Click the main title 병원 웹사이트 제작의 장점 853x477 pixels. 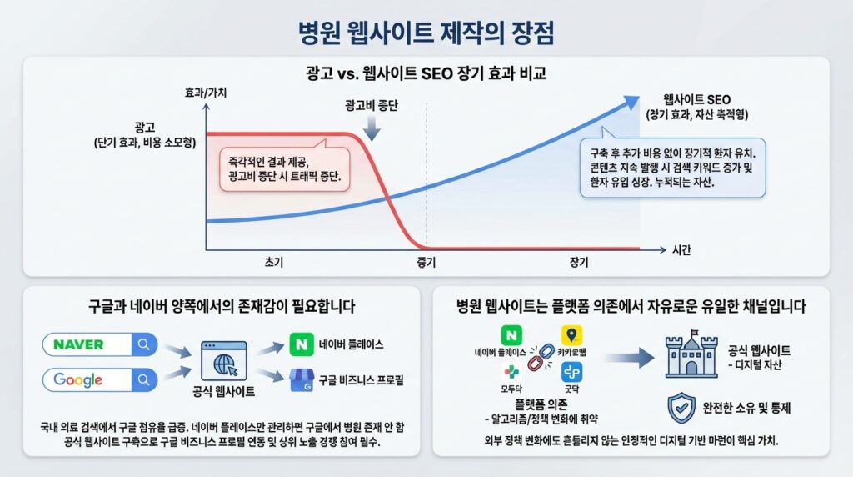[x=426, y=33]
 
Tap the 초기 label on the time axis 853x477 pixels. [x=273, y=262]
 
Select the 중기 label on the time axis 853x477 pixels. [x=426, y=263]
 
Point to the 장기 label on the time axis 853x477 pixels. [x=579, y=263]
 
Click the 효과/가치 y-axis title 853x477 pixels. [x=206, y=93]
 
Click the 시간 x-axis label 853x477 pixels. [x=681, y=250]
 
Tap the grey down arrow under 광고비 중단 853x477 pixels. [x=372, y=128]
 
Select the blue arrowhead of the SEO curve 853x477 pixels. [x=631, y=102]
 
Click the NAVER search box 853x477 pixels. [x=100, y=344]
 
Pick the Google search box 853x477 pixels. [x=100, y=380]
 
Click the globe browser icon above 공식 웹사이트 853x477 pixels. [x=223, y=361]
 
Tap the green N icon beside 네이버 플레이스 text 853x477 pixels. [x=302, y=344]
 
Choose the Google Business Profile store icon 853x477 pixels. [x=302, y=380]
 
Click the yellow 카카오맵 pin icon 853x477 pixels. [x=571, y=335]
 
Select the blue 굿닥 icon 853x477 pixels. [x=571, y=372]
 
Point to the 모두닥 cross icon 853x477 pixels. [x=511, y=373]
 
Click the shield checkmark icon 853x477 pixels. [x=681, y=408]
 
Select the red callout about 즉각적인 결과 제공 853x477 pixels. [x=285, y=168]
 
